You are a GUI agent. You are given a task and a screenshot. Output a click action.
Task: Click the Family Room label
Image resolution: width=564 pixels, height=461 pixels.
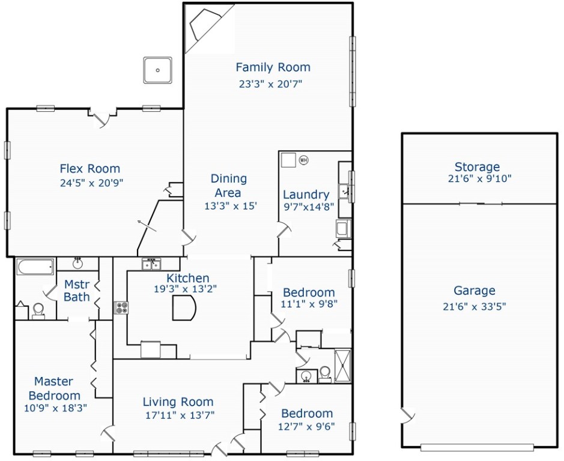coord(273,67)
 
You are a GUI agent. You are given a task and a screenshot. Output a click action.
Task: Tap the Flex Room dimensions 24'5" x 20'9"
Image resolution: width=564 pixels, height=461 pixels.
coord(89,181)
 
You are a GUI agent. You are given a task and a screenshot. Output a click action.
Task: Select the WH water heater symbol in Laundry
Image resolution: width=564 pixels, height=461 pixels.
coord(303,160)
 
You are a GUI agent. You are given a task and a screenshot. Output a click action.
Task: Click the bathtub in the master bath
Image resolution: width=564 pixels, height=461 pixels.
coord(35,266)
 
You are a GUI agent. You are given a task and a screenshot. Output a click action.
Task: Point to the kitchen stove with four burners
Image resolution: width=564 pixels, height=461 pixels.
coord(122,307)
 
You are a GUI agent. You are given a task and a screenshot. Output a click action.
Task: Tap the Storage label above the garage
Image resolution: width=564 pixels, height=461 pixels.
coord(477,167)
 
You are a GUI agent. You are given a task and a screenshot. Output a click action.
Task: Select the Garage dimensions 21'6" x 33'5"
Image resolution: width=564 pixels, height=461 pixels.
coord(475,307)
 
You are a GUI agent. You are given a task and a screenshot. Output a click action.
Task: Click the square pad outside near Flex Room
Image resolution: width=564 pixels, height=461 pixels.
coord(158,70)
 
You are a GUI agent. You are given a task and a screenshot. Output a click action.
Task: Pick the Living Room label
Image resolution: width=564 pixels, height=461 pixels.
coord(178,402)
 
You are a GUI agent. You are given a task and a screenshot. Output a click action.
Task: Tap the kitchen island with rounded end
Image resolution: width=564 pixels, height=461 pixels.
coord(184,309)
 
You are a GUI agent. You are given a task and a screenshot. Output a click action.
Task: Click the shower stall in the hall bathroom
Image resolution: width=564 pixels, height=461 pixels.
coord(342,364)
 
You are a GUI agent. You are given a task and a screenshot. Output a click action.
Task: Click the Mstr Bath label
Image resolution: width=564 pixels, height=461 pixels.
coord(76,291)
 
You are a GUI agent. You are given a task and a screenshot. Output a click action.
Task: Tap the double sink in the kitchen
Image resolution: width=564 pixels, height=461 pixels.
coord(151,265)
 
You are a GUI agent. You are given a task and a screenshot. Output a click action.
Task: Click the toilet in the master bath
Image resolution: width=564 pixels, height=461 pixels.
coord(38,310)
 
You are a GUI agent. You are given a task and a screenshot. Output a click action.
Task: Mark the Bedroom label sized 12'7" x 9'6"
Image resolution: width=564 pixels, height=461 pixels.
coord(306,414)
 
